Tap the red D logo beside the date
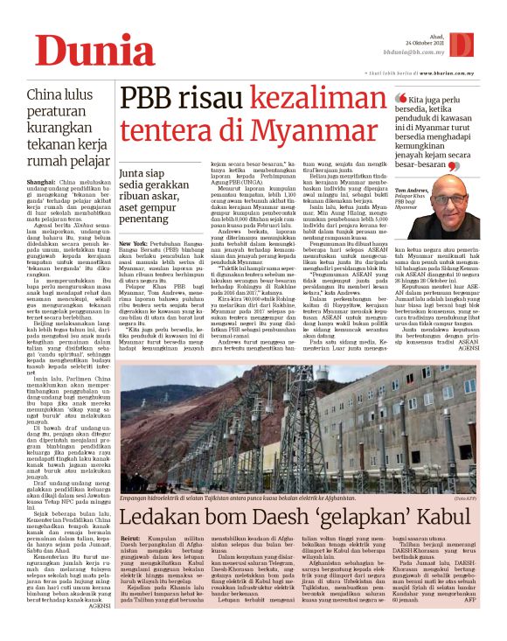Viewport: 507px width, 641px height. pos(484,45)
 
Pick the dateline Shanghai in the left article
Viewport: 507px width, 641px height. pos(42,182)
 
